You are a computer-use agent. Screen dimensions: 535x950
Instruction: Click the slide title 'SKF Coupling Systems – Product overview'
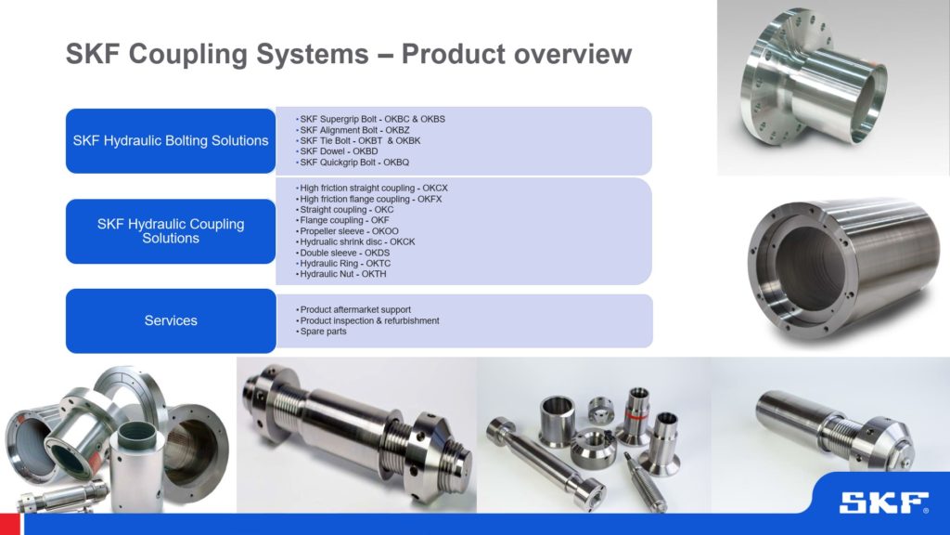(348, 55)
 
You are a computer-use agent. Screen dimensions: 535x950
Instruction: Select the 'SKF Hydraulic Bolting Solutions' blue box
(171, 141)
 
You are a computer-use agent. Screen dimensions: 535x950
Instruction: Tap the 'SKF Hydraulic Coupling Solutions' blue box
(171, 231)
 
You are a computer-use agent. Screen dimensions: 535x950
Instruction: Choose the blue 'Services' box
(171, 320)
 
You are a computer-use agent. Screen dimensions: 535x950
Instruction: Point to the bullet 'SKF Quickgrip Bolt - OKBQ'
(348, 163)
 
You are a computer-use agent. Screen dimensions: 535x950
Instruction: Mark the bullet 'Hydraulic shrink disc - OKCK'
(356, 242)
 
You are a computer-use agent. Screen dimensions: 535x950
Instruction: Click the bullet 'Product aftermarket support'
(354, 309)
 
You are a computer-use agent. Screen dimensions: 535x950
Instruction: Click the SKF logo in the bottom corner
(883, 503)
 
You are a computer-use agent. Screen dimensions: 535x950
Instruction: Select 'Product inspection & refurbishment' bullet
(368, 320)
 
